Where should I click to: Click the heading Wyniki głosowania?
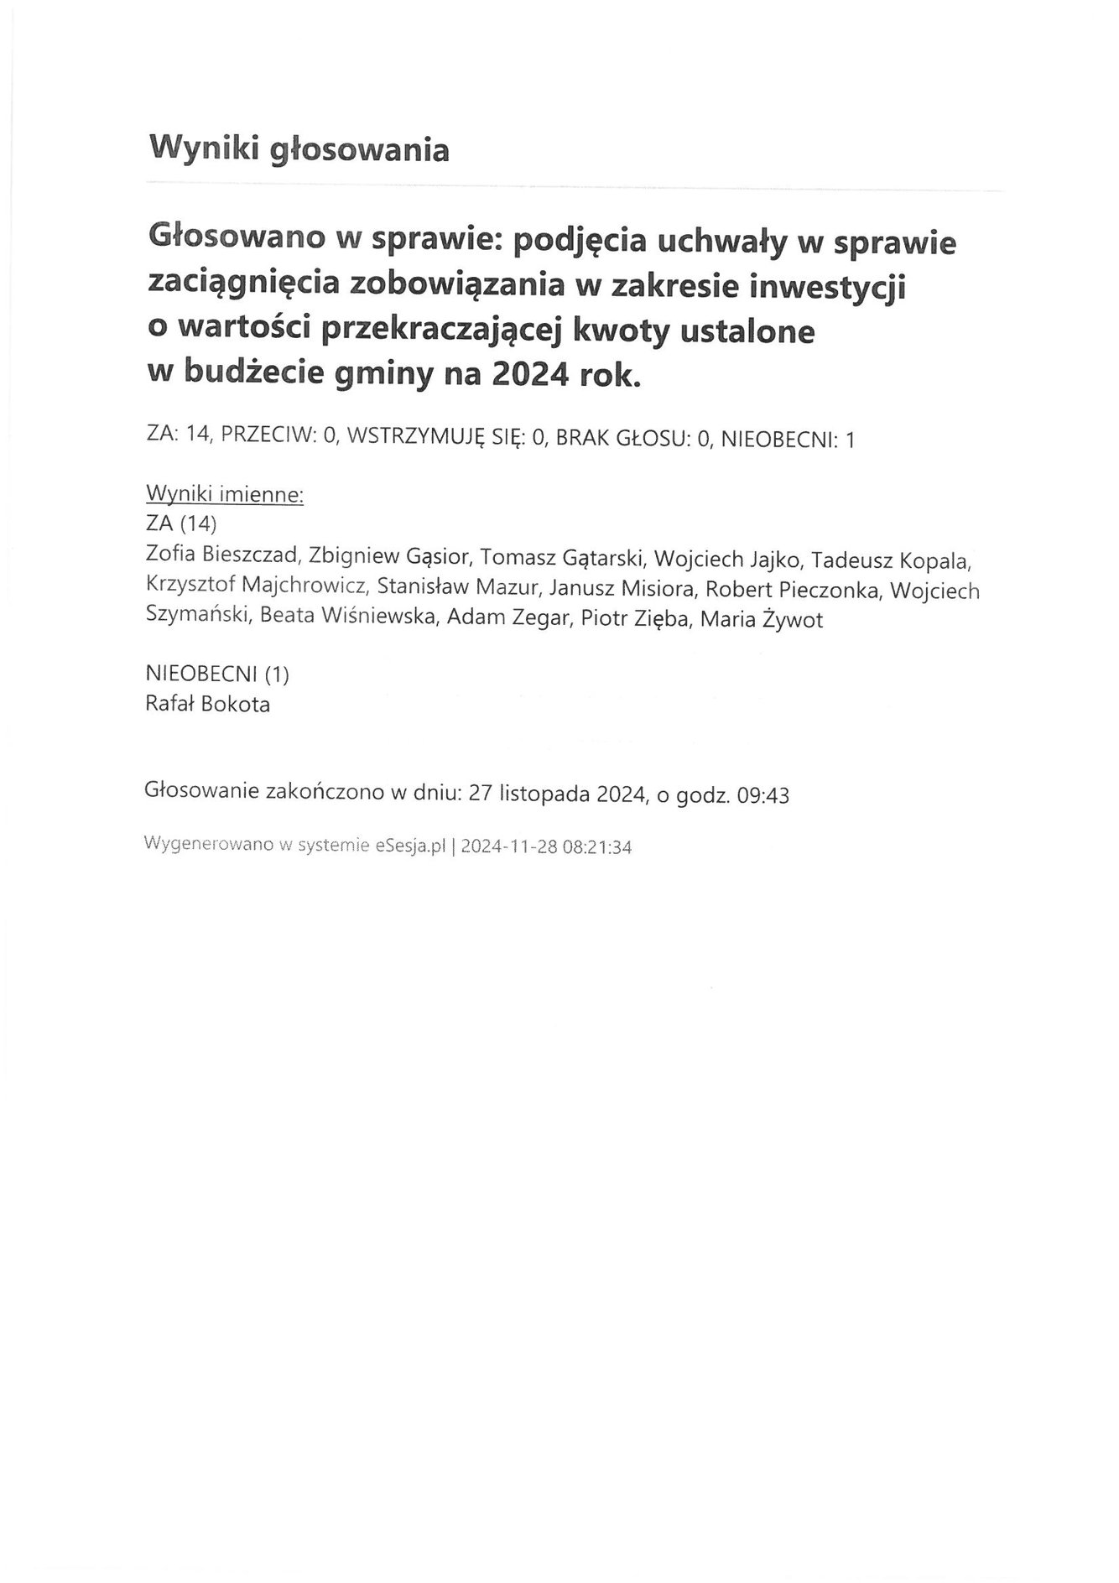coord(299,149)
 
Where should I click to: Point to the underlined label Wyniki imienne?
coord(224,495)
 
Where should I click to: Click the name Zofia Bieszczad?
coord(222,559)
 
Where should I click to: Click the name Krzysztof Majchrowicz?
coord(257,589)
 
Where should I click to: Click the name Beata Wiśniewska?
coord(349,620)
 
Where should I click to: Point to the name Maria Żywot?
coord(761,620)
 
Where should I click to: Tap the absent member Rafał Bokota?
coord(208,705)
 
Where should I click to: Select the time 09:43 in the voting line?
coord(762,794)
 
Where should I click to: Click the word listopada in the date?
coord(544,794)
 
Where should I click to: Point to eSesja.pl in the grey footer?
coord(408,846)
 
